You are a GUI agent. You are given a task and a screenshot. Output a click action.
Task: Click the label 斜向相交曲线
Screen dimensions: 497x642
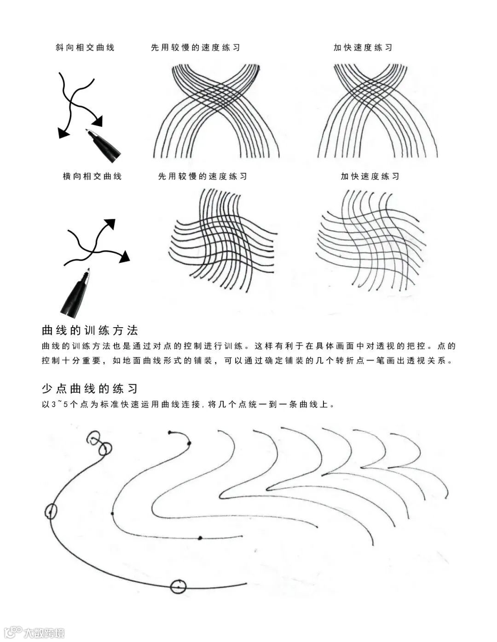(85, 47)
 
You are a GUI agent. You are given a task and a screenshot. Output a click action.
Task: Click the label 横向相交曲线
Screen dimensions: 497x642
(92, 176)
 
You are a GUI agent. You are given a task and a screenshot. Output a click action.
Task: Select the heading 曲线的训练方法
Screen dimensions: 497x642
(90, 330)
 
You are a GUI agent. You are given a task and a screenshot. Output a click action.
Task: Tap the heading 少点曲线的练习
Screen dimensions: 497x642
(90, 389)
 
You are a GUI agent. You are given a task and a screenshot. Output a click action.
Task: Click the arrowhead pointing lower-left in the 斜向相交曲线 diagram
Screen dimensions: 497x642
(63, 133)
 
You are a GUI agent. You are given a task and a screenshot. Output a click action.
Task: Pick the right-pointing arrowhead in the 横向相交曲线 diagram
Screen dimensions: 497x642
(124, 256)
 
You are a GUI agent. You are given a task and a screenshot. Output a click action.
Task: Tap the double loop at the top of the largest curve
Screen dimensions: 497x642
(99, 443)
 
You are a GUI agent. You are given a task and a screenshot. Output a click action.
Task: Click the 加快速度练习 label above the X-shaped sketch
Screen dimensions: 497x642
(363, 47)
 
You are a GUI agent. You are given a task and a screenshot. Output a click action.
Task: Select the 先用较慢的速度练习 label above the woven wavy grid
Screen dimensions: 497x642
(202, 176)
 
